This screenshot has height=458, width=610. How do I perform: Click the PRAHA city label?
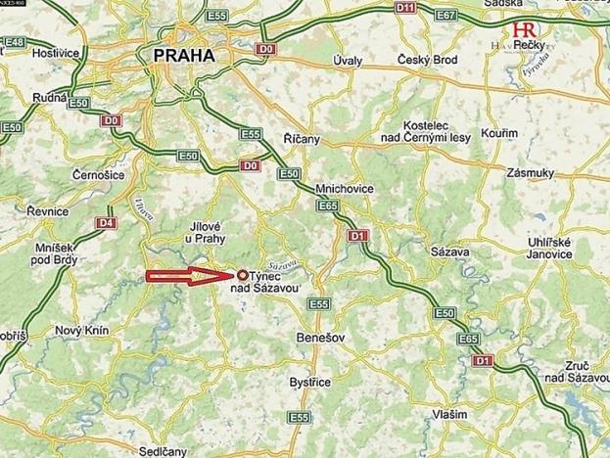184,56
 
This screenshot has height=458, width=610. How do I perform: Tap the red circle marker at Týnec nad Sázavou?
242,276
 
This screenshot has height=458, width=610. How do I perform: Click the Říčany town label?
301,140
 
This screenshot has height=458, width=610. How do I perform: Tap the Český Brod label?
428,61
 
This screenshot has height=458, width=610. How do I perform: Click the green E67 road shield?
475,16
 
